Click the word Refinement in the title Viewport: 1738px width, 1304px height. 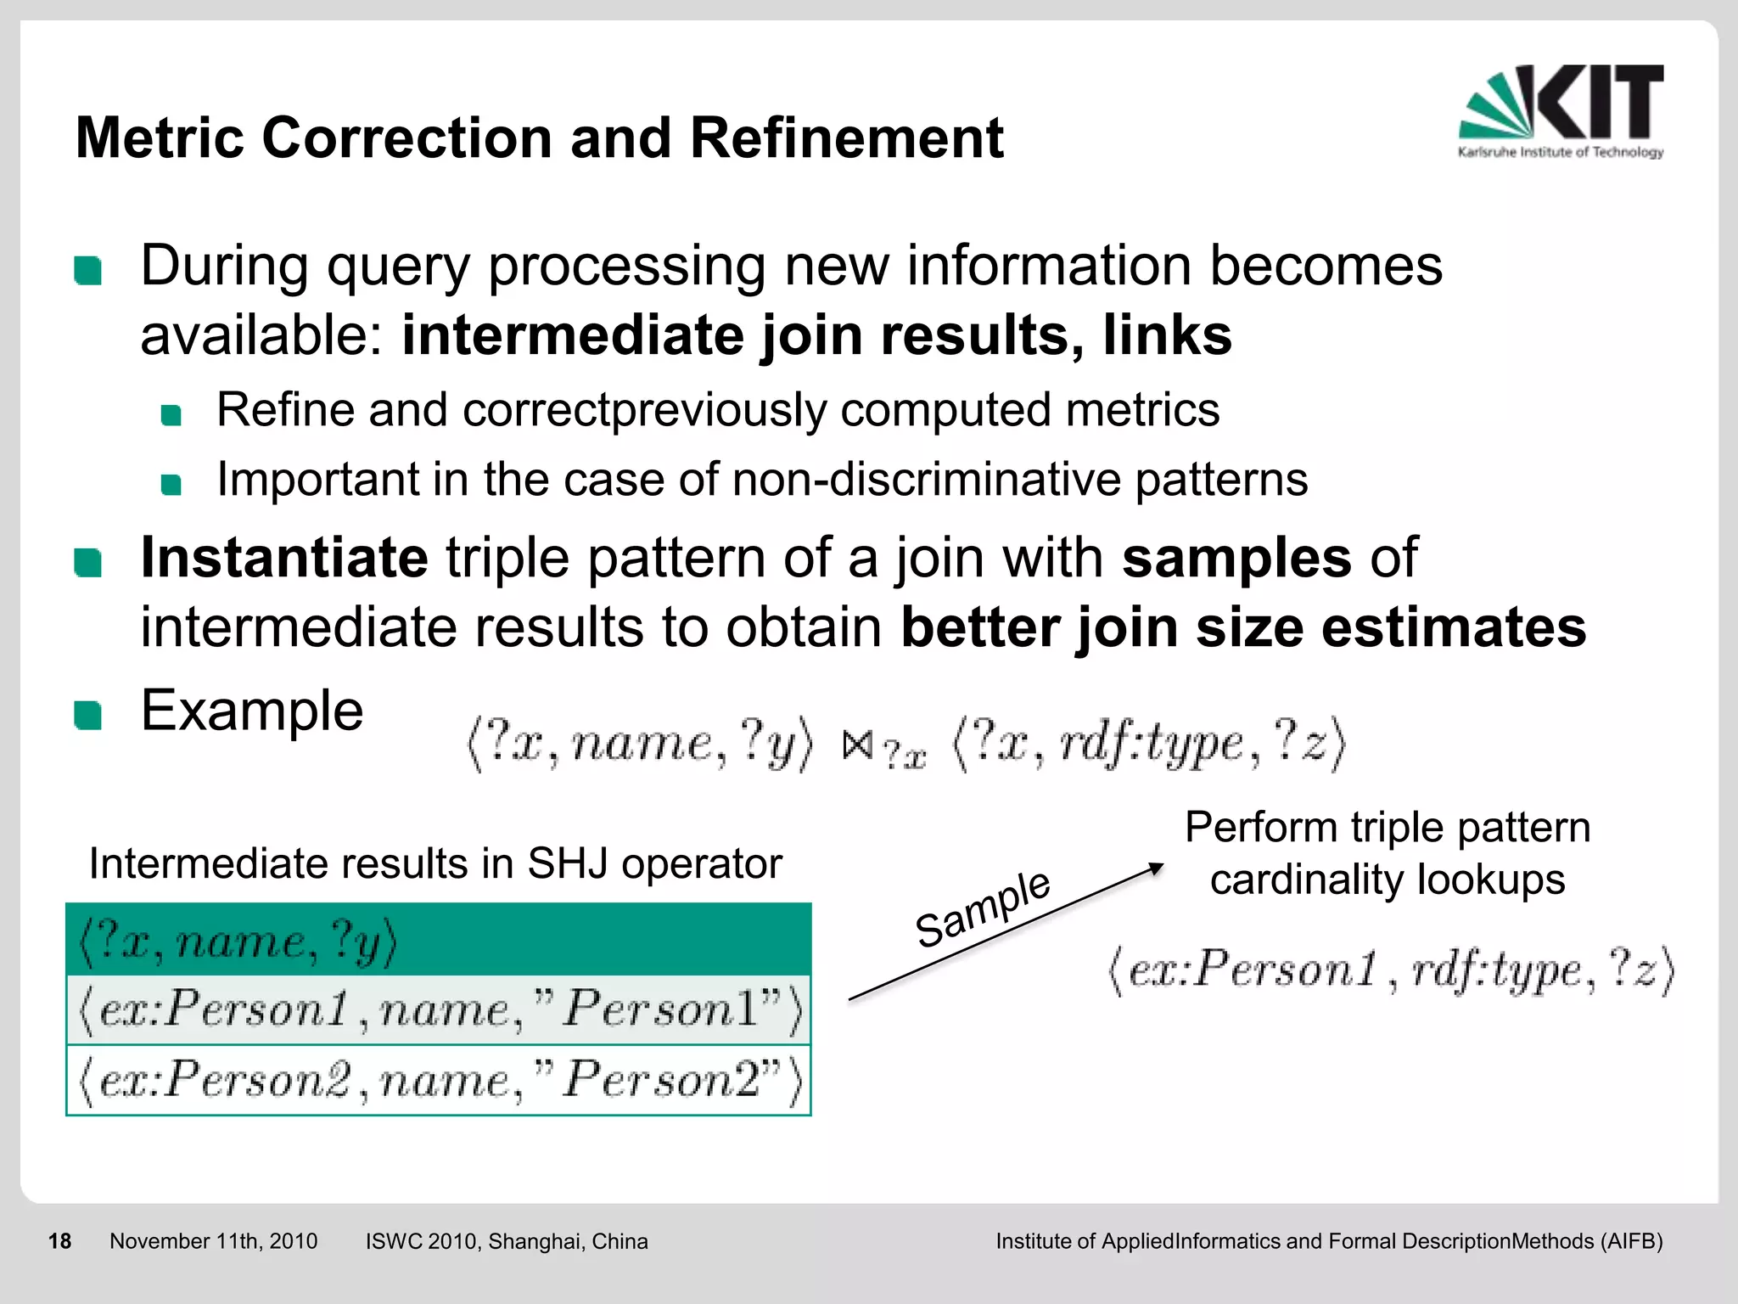tap(846, 138)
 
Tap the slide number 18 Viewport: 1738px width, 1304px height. tap(59, 1241)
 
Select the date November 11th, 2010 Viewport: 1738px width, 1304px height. tap(213, 1241)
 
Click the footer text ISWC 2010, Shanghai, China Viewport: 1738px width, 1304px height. tap(506, 1241)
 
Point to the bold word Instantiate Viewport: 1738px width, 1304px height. tap(284, 558)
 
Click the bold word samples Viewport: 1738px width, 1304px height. tap(1236, 558)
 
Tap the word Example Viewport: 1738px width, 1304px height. tap(251, 711)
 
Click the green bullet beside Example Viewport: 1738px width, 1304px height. tap(87, 715)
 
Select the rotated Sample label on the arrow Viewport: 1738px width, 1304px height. tap(983, 908)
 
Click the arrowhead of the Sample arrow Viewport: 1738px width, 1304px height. tap(1155, 868)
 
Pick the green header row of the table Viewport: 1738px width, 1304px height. tap(438, 940)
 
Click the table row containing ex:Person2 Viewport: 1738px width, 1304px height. tap(438, 1080)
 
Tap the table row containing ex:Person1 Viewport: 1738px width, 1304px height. tap(438, 1010)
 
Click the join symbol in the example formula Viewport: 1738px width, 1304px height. tap(857, 745)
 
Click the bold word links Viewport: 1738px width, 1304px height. tap(1167, 334)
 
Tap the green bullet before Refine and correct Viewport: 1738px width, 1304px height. tap(171, 415)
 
